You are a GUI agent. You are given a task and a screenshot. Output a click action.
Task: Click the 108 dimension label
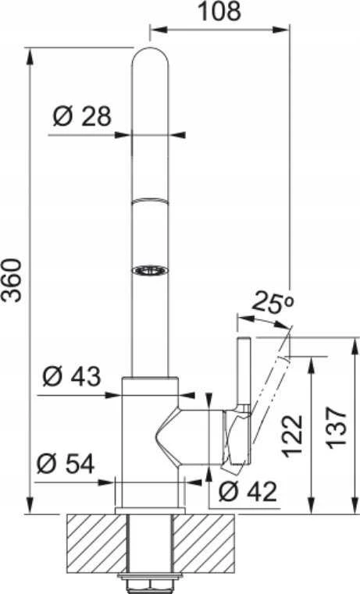point(219,11)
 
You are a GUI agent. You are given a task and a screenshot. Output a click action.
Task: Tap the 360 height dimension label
point(11,280)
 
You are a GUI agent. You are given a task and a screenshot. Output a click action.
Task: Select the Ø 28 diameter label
point(82,116)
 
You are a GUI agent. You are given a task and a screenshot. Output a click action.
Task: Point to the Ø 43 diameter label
point(72,376)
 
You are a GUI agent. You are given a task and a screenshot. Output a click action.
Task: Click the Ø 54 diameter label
point(66,464)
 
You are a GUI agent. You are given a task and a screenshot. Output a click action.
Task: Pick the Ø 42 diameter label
point(248,492)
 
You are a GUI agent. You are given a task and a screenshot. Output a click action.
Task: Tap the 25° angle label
point(273,302)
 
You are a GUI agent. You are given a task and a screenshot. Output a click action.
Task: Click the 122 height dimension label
point(294,435)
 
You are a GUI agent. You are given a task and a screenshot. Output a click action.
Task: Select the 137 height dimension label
point(337,428)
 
